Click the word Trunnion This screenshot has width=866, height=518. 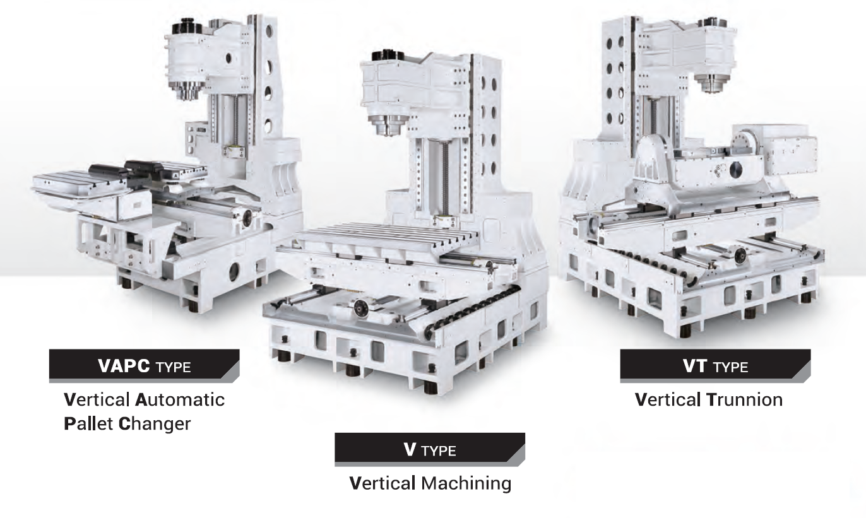[x=744, y=400]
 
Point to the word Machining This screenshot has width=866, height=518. [x=466, y=483]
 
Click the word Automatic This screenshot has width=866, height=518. [x=180, y=400]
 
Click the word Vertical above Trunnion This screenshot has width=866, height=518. [x=667, y=400]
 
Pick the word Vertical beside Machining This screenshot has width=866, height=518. [x=382, y=483]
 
